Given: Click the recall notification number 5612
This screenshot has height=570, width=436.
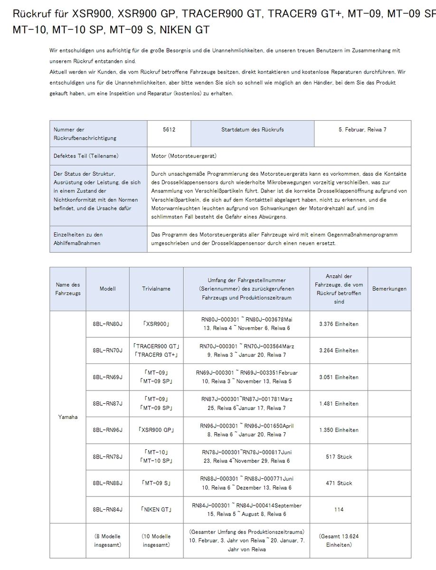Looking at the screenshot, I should pyautogui.click(x=169, y=129).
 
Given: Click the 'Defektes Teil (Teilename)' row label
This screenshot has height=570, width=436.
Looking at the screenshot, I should pyautogui.click(x=86, y=156).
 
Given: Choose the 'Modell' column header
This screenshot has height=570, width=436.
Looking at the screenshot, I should pyautogui.click(x=108, y=289).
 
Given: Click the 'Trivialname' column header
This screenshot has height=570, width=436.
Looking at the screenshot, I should pyautogui.click(x=156, y=289).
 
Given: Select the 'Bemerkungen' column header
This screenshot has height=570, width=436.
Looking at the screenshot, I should pyautogui.click(x=389, y=289).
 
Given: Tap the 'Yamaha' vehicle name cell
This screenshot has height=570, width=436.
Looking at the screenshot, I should pyautogui.click(x=68, y=417).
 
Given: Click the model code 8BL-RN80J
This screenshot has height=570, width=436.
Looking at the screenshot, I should pyautogui.click(x=108, y=324).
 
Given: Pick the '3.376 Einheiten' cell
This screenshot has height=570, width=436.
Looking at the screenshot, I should pyautogui.click(x=339, y=324).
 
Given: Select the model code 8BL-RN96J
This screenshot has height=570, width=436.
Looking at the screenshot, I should pyautogui.click(x=108, y=430).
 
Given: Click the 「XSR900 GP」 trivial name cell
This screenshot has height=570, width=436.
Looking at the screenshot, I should pyautogui.click(x=156, y=430).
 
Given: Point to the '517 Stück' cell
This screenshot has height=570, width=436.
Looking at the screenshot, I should pyautogui.click(x=339, y=456).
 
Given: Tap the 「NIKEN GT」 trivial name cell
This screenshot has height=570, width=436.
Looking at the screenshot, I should pyautogui.click(x=156, y=510).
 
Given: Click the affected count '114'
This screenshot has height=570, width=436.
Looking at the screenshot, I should pyautogui.click(x=339, y=510).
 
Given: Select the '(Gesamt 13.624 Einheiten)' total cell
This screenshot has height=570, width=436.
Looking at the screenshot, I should pyautogui.click(x=339, y=541).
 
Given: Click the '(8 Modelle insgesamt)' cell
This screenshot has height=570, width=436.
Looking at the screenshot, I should pyautogui.click(x=108, y=541).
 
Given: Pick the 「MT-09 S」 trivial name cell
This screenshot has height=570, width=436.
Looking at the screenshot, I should pyautogui.click(x=156, y=483).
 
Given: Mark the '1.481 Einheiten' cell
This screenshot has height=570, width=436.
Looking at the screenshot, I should pyautogui.click(x=339, y=404).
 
